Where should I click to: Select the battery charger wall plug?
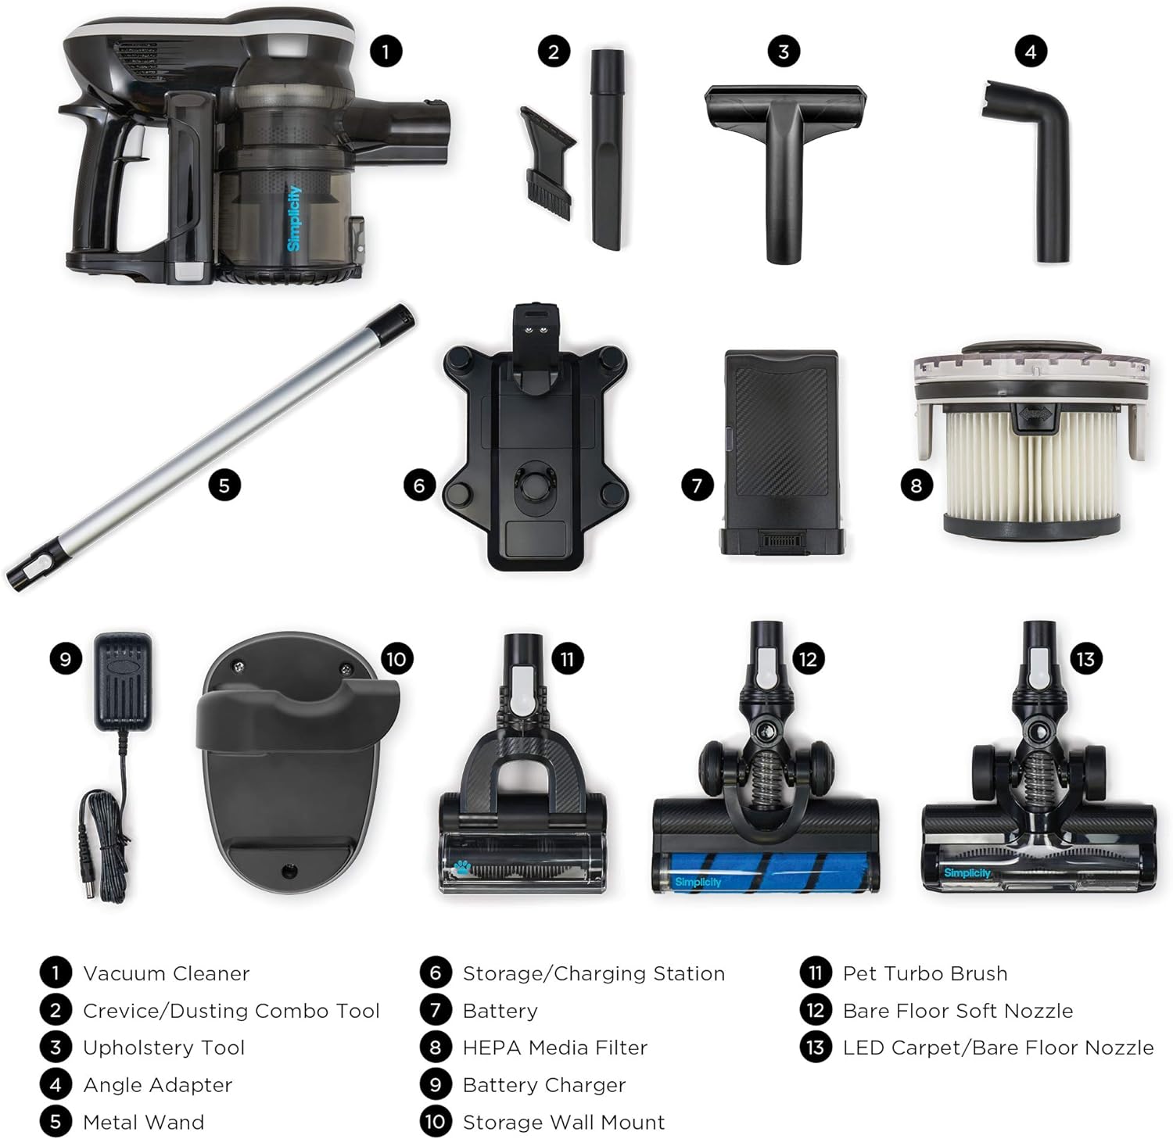coord(123,680)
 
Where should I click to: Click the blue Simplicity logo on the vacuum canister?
coord(294,218)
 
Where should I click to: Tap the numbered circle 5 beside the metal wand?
coord(224,485)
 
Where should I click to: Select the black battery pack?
coord(781,453)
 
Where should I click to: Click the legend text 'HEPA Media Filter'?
coord(554,1048)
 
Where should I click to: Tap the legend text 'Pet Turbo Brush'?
coord(925,973)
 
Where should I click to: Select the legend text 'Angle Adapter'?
coord(157,1085)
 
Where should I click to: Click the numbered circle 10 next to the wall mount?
coord(396,658)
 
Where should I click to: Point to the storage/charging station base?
coord(536,438)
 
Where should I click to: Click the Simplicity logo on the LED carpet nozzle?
coord(967,872)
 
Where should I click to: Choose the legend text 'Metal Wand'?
coord(143,1123)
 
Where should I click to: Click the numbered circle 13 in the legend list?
coord(816,1048)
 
